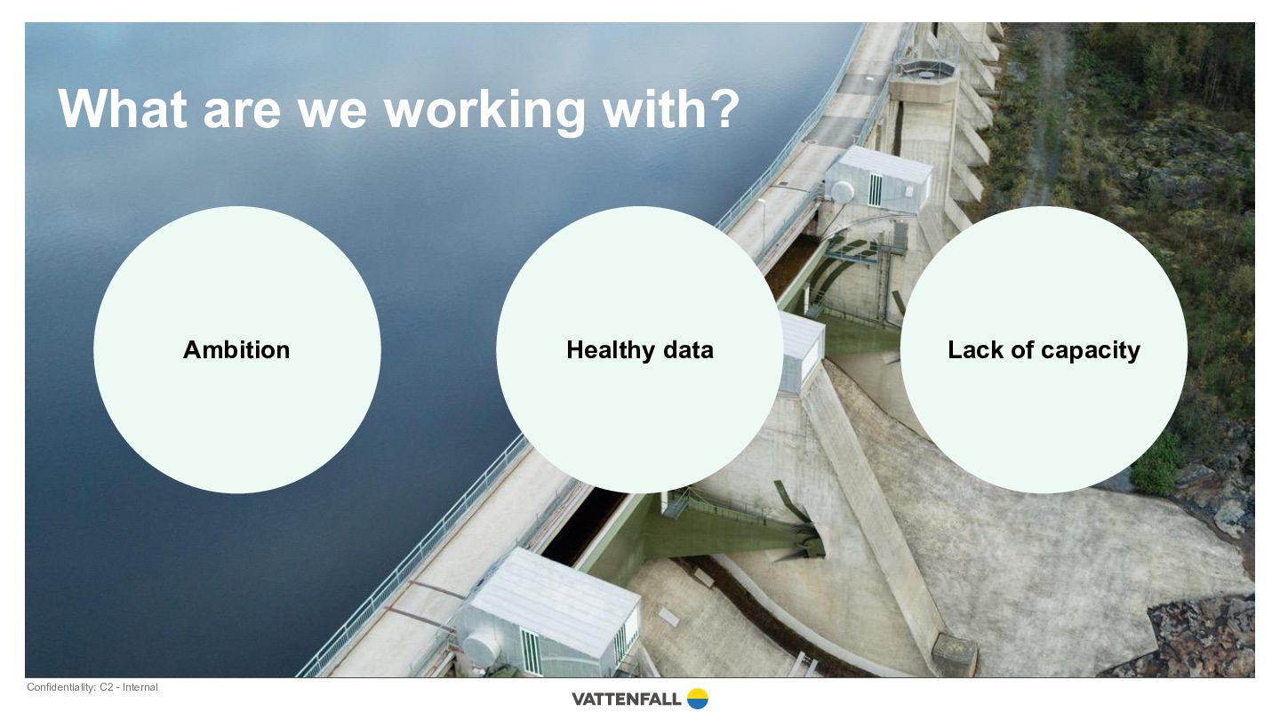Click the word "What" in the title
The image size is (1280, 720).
tap(123, 108)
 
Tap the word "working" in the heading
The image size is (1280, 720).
tap(485, 112)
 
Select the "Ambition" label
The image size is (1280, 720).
tap(236, 349)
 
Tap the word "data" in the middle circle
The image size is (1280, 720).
tap(688, 349)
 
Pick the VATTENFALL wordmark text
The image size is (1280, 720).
tap(627, 699)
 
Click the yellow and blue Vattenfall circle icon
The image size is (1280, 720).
tap(697, 699)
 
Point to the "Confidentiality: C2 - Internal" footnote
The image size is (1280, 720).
tap(92, 687)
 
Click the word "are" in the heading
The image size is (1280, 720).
tap(242, 114)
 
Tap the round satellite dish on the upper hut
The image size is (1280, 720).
tap(842, 191)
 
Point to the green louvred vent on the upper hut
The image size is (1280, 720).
tap(875, 189)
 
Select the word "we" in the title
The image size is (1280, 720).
tap(332, 114)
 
